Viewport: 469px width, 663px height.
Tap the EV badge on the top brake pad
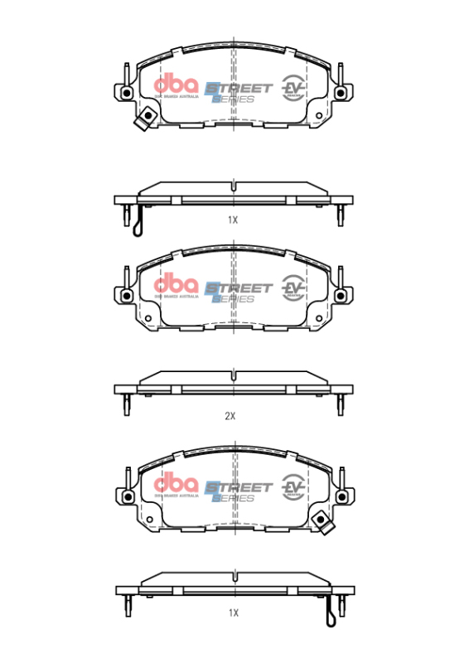click(293, 87)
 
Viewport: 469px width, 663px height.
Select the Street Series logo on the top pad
click(236, 91)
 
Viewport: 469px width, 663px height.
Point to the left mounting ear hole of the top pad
click(126, 93)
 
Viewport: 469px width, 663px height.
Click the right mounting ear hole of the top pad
click(341, 93)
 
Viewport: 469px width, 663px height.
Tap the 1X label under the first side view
click(233, 220)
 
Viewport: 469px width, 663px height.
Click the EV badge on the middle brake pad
click(293, 287)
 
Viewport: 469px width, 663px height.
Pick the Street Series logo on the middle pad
click(236, 291)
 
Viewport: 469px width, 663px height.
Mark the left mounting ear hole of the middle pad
click(126, 297)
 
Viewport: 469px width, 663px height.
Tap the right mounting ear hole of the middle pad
click(341, 297)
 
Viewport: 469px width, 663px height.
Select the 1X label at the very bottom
click(233, 612)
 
